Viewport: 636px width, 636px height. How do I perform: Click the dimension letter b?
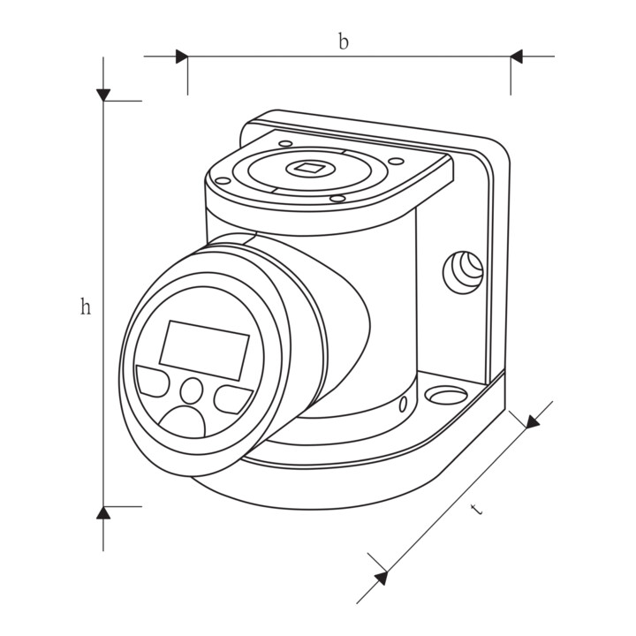click(344, 42)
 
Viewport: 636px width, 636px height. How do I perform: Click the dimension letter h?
click(85, 307)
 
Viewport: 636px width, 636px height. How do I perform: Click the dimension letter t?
click(477, 509)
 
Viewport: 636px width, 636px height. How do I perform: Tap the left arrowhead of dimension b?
click(182, 57)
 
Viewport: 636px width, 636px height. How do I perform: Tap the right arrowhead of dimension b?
click(517, 57)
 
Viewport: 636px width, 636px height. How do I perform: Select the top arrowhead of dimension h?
click(103, 95)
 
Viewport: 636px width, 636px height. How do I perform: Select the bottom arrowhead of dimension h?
click(103, 512)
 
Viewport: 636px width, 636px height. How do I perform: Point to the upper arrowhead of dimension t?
click(533, 421)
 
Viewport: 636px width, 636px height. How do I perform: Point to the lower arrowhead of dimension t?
click(382, 578)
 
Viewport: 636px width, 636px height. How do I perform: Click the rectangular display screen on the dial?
click(204, 351)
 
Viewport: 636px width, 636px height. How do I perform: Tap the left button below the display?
click(153, 381)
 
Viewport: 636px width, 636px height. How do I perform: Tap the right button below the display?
click(233, 399)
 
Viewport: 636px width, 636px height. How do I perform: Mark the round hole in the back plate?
click(463, 272)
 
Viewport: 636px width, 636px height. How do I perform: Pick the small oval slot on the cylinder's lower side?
click(403, 404)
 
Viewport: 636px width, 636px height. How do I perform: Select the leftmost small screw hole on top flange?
click(223, 180)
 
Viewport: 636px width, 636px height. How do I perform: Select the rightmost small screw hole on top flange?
click(396, 161)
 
